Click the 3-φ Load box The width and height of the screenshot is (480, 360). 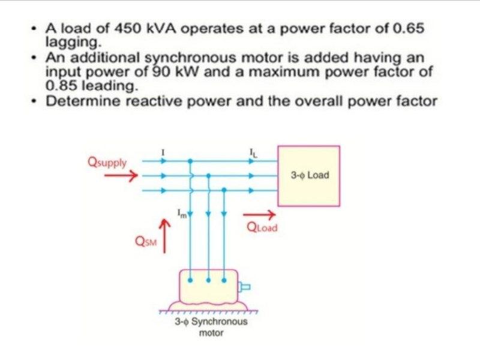click(x=308, y=176)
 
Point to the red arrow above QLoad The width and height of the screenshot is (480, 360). click(x=259, y=215)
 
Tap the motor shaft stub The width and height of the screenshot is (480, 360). click(x=244, y=288)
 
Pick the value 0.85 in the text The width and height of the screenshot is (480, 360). click(x=61, y=85)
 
